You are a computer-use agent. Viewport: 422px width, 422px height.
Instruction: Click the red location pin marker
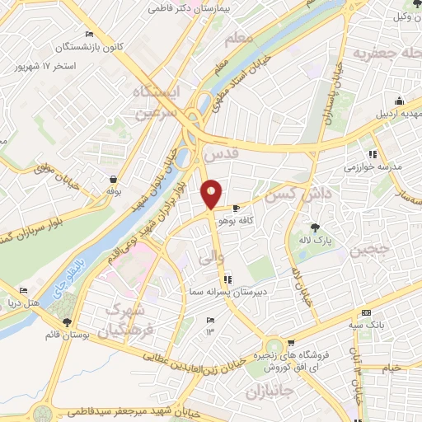(x=212, y=193)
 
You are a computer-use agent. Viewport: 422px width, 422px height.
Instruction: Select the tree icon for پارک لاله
(x=315, y=227)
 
